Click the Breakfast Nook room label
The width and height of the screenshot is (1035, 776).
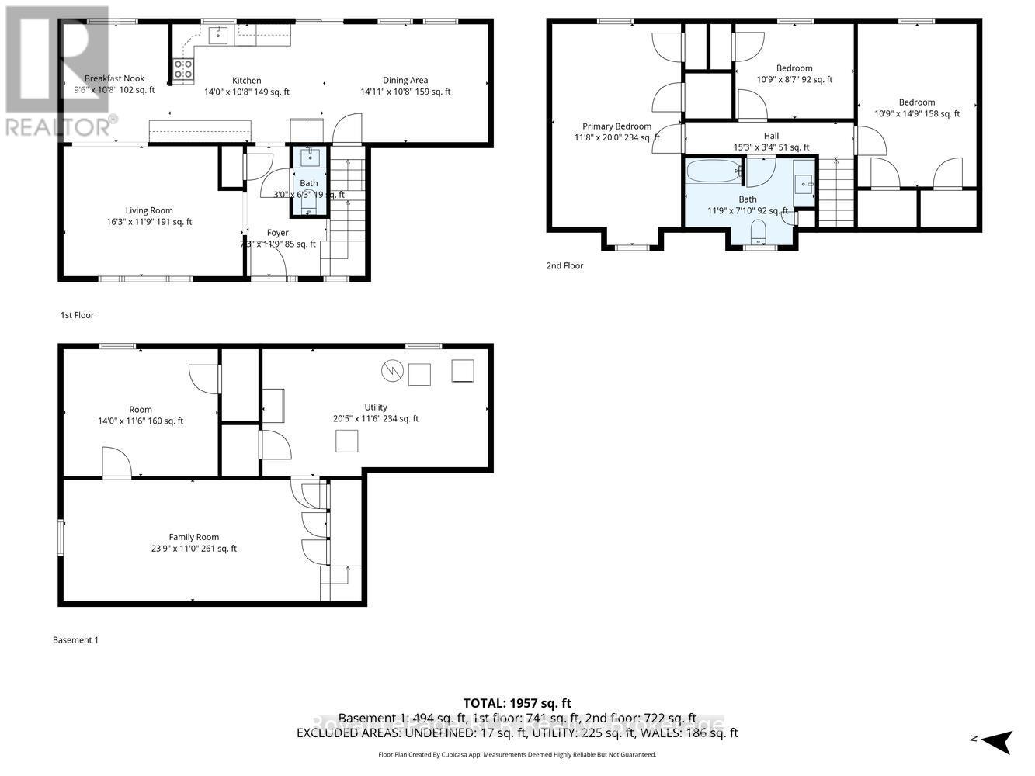click(x=115, y=78)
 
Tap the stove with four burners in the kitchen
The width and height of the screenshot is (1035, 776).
click(x=183, y=69)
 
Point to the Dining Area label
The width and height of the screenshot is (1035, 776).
click(x=405, y=81)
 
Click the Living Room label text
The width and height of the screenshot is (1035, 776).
click(x=149, y=210)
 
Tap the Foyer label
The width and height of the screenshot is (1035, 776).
click(x=277, y=233)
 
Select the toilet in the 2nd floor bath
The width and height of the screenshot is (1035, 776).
click(x=759, y=230)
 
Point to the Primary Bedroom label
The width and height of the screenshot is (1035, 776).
click(x=616, y=126)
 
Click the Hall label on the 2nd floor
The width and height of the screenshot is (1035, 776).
click(x=771, y=136)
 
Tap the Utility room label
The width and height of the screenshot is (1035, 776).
click(x=376, y=407)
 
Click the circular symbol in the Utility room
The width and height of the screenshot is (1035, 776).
click(x=391, y=372)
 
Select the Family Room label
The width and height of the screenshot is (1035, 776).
click(x=194, y=537)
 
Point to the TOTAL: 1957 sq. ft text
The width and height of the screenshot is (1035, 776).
click(x=517, y=703)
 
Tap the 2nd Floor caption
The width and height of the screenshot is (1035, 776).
click(x=564, y=265)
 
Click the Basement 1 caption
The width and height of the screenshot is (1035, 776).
click(x=75, y=640)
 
